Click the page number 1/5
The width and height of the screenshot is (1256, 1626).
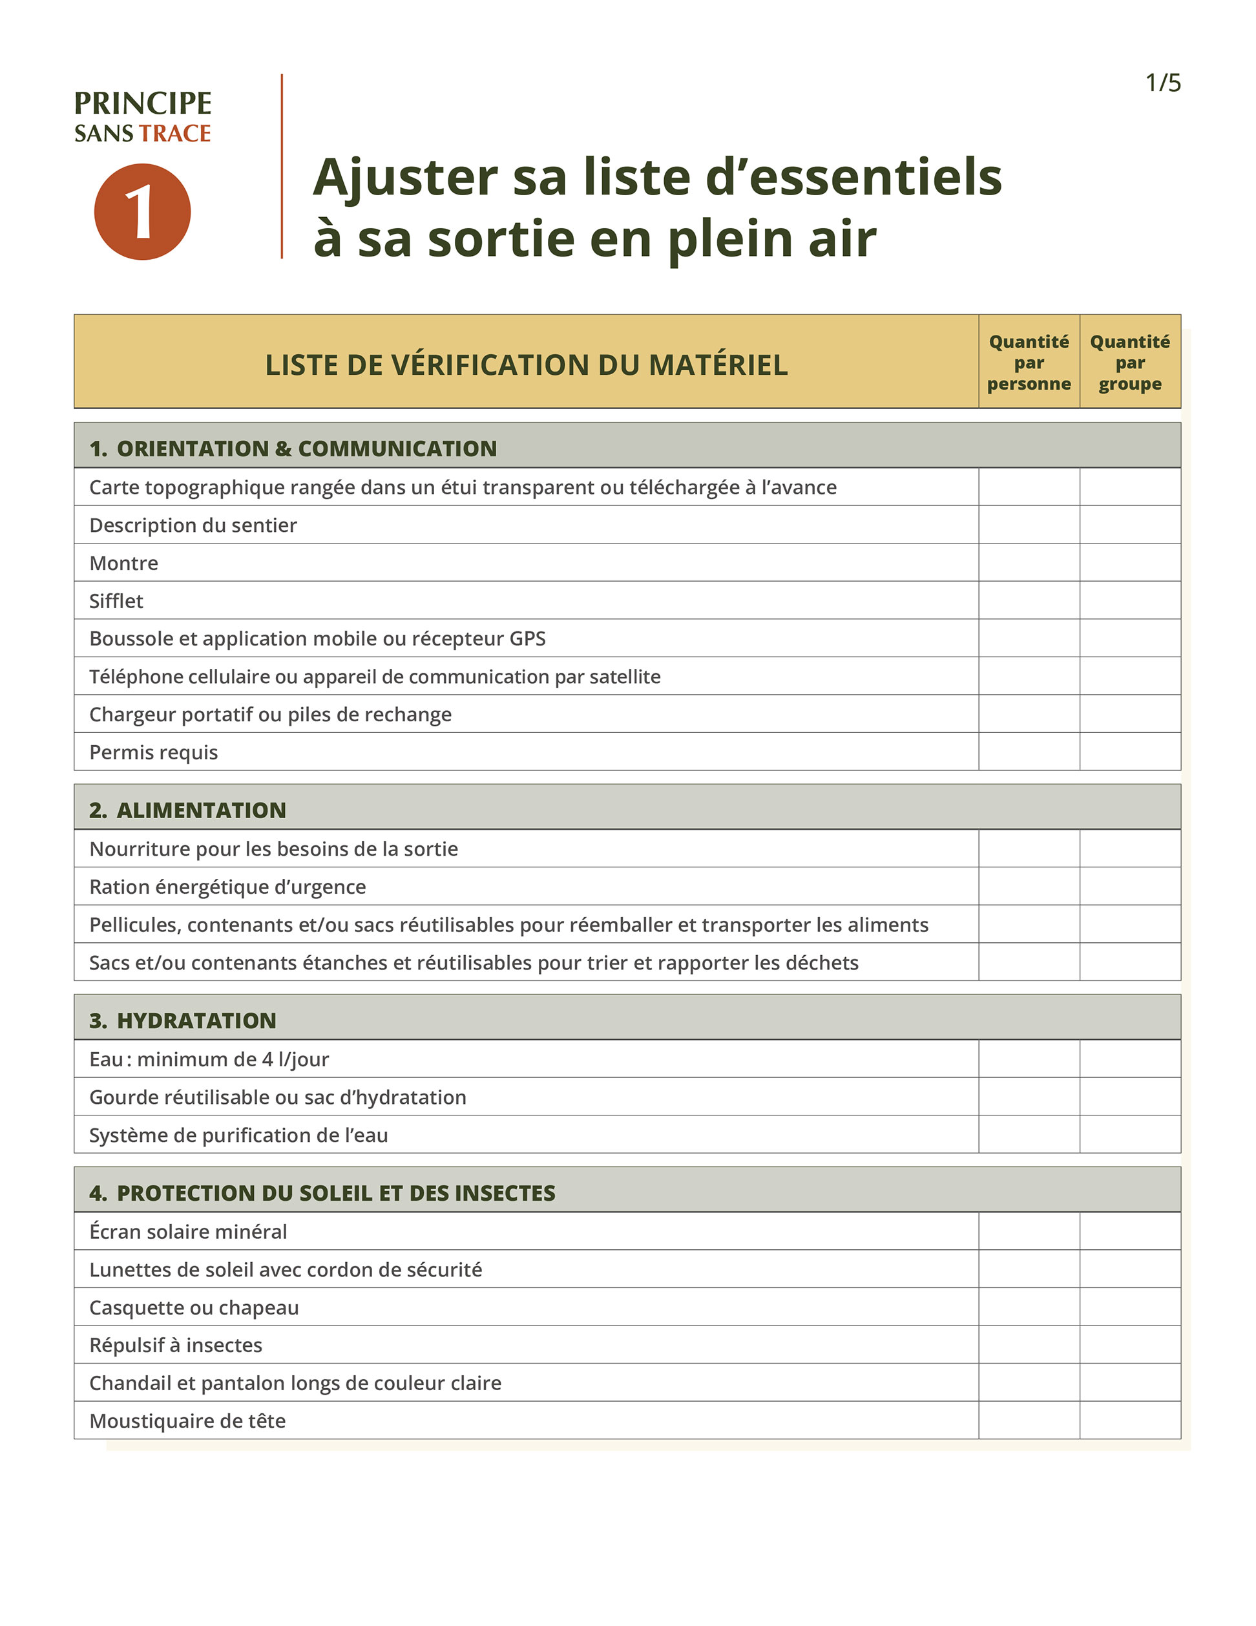(x=1162, y=83)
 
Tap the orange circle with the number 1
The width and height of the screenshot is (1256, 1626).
(x=142, y=212)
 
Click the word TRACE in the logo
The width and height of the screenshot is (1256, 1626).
(x=175, y=133)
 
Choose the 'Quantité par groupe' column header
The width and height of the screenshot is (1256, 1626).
(x=1129, y=363)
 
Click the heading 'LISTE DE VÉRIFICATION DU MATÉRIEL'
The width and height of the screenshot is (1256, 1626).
(x=527, y=364)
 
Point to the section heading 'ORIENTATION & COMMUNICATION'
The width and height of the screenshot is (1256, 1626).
(x=306, y=449)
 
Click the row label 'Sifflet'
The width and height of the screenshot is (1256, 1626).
(x=116, y=601)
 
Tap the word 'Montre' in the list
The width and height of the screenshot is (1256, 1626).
(x=123, y=563)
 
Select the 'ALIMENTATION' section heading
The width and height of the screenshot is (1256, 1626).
(x=201, y=810)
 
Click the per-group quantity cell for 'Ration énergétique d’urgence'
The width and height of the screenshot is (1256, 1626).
(x=1129, y=887)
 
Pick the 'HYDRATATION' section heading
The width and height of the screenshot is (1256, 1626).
(x=196, y=1020)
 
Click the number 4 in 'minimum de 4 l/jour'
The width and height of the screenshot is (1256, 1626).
(x=267, y=1059)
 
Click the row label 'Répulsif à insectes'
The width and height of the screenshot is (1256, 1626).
(x=176, y=1345)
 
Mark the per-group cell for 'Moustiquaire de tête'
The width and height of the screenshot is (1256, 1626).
(x=1129, y=1420)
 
